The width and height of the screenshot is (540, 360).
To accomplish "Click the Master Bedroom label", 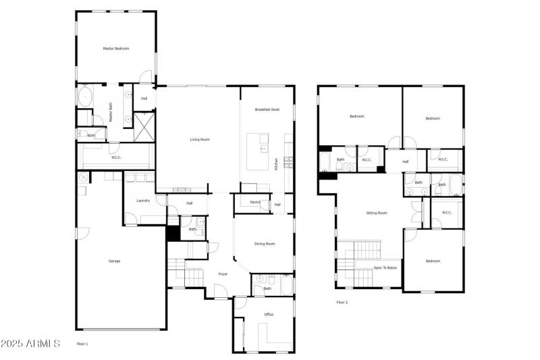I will pyautogui.click(x=115, y=49).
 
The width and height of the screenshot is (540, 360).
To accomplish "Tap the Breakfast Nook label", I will pyautogui.click(x=267, y=109).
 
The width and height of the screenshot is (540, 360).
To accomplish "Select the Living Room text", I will pyautogui.click(x=199, y=140).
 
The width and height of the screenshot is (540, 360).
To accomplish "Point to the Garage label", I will pyautogui.click(x=115, y=261).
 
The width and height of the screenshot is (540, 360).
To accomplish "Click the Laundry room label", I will pyautogui.click(x=142, y=201).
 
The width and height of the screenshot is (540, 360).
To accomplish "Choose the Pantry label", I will pyautogui.click(x=255, y=202).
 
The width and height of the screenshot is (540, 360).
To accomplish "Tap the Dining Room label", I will pyautogui.click(x=265, y=244).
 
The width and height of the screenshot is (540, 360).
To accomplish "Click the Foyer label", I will pyautogui.click(x=223, y=274).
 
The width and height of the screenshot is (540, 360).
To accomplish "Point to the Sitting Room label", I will pyautogui.click(x=377, y=213).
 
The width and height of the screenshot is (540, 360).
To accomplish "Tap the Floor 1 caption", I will pyautogui.click(x=82, y=344).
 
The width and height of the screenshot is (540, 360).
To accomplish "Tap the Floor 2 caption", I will pyautogui.click(x=342, y=302).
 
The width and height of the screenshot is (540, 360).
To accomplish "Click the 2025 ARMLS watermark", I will pyautogui.click(x=30, y=344).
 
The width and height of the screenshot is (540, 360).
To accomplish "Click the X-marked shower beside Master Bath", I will pyautogui.click(x=144, y=126).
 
